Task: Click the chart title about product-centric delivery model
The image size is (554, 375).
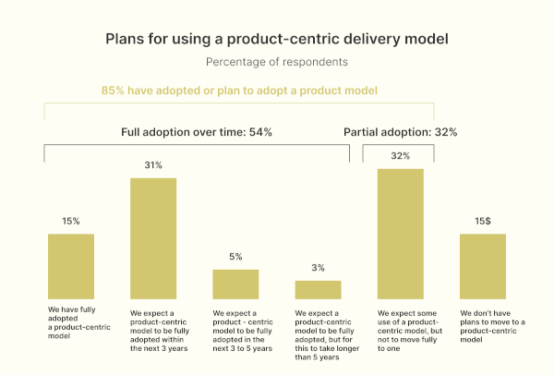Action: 277,40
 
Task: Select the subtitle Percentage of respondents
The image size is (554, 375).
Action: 277,63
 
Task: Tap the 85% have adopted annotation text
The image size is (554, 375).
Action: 239,91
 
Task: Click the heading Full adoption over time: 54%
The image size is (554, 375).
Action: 197,132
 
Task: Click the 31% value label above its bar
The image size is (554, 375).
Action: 153,165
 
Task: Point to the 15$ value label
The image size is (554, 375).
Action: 483,221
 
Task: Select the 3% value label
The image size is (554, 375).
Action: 318,268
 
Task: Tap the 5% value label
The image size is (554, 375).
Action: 235,257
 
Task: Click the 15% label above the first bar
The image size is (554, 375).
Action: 71,221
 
